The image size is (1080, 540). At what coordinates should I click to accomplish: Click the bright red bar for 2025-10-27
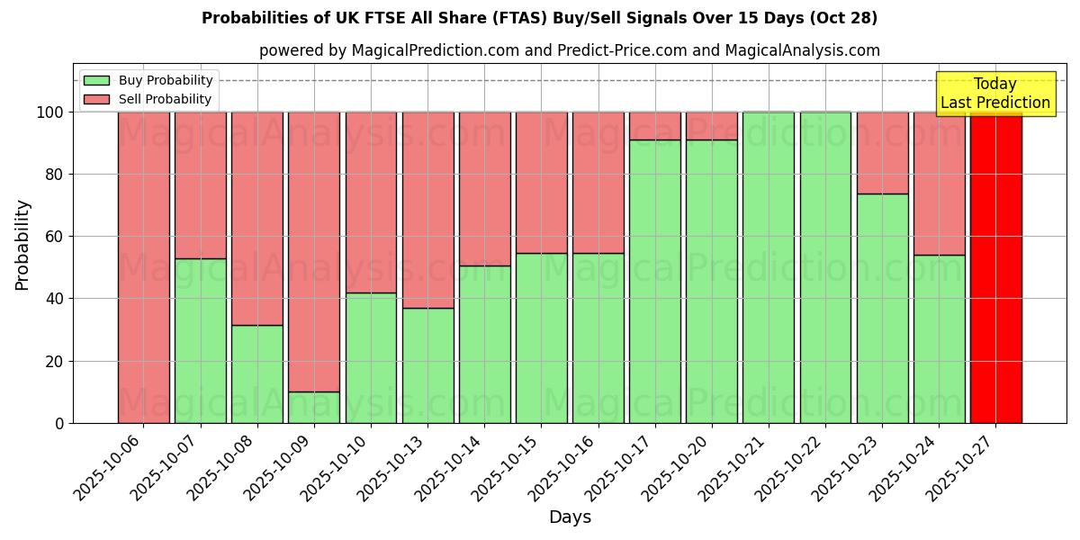[x=995, y=270]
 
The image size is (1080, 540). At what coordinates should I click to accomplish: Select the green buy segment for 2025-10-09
[x=314, y=407]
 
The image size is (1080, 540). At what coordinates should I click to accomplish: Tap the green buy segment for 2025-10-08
[x=257, y=373]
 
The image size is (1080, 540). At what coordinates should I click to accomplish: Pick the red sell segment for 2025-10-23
[x=882, y=153]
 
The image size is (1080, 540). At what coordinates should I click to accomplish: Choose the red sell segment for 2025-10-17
[x=655, y=126]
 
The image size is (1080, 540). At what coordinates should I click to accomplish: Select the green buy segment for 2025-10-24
[x=939, y=338]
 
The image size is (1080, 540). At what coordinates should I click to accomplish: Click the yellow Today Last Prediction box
[x=995, y=94]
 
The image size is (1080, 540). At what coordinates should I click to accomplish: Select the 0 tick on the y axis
[x=60, y=423]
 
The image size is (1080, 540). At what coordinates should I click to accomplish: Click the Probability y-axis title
[x=22, y=244]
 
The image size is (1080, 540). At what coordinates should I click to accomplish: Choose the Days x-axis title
[x=570, y=517]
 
